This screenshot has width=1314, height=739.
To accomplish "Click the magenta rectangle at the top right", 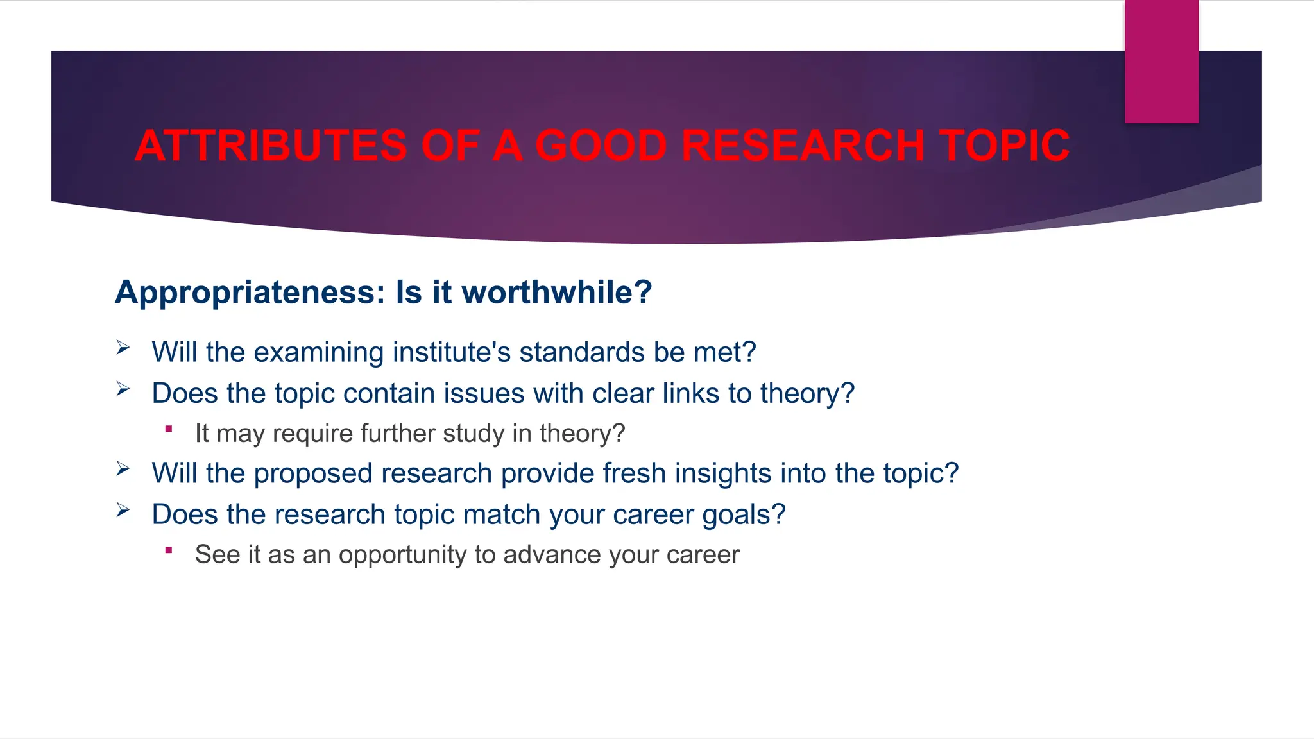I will [1161, 62].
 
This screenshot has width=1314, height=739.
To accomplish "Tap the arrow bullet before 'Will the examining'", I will [123, 348].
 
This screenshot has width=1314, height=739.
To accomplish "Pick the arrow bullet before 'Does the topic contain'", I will [123, 389].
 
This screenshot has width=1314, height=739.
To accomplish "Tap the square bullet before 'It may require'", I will [169, 429].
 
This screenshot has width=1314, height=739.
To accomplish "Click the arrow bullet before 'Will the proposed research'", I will [123, 469].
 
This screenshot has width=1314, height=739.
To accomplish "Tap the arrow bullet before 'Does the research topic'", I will [123, 510].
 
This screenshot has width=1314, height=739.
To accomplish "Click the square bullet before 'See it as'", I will [169, 550].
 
